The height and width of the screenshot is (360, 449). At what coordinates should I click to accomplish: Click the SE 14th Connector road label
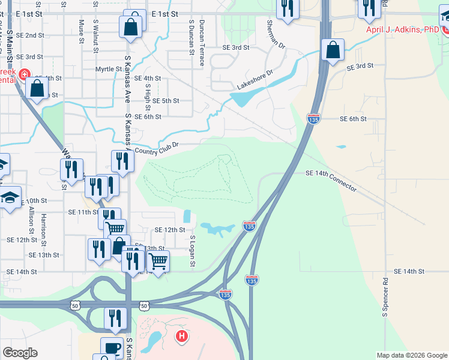pyautogui.click(x=331, y=181)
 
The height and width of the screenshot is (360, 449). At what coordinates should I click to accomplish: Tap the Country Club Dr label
pyautogui.click(x=158, y=148)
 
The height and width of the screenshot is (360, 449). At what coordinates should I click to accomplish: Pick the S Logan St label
pyautogui.click(x=192, y=253)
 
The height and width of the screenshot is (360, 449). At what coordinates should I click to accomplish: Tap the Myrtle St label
pyautogui.click(x=109, y=69)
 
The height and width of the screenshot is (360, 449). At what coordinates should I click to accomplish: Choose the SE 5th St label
pyautogui.click(x=166, y=101)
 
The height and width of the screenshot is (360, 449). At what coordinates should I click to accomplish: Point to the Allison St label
pyautogui.click(x=31, y=221)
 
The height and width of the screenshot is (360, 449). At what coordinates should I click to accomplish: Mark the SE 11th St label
pyautogui.click(x=83, y=212)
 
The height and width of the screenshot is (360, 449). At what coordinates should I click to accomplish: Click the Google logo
pyautogui.click(x=20, y=353)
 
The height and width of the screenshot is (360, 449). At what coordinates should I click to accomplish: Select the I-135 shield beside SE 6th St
pyautogui.click(x=313, y=119)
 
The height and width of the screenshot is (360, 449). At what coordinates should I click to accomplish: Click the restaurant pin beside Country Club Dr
pyautogui.click(x=122, y=161)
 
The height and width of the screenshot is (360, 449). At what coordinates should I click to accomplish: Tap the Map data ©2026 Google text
pyautogui.click(x=411, y=355)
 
